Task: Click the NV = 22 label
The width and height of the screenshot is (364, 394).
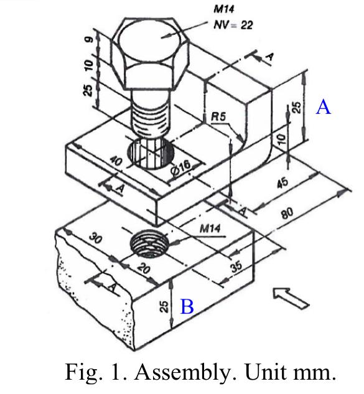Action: click(233, 25)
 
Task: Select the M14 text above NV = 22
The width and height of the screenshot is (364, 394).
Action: click(224, 9)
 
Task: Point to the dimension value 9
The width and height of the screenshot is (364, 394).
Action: click(89, 39)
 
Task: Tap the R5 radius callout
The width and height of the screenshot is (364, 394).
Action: click(218, 116)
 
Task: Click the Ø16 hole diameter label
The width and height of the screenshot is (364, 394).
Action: click(180, 168)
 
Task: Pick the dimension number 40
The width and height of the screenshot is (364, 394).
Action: click(116, 161)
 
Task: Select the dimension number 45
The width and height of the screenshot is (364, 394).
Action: click(282, 183)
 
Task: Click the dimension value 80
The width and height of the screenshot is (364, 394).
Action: click(287, 213)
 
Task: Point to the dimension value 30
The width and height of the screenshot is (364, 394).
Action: click(95, 238)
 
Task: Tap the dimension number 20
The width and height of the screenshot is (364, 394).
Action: click(144, 268)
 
